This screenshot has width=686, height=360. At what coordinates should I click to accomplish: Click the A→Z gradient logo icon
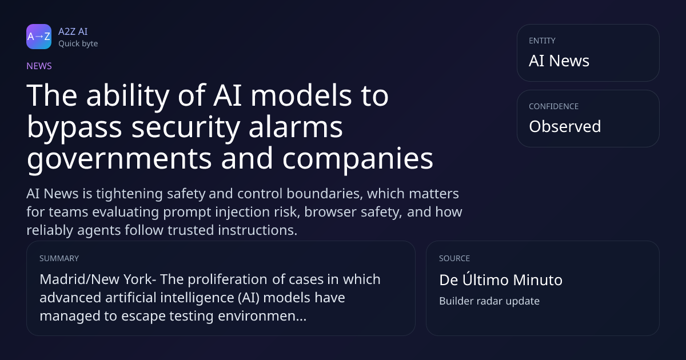coord(39,37)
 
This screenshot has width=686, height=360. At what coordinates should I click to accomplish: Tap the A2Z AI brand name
coord(73,31)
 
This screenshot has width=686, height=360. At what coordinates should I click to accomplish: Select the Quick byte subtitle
coord(78,44)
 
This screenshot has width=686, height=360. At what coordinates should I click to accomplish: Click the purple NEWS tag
coord(39,66)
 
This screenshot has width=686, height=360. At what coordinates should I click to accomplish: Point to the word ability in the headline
coord(127,95)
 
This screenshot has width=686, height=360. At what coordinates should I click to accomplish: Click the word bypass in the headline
coord(74,127)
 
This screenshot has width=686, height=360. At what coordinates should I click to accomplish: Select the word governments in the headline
coord(119,159)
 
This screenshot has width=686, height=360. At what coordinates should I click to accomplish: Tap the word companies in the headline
coord(358,159)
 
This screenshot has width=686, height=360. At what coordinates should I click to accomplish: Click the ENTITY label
coord(542,41)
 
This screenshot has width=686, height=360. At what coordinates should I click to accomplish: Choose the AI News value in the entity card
coord(559,61)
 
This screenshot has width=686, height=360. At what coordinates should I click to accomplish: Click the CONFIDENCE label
coord(554,106)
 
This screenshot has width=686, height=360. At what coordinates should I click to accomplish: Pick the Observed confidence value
coord(565,126)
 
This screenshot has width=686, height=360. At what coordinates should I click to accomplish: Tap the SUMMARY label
coord(59,258)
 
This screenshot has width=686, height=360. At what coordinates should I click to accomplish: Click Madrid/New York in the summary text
coord(96,279)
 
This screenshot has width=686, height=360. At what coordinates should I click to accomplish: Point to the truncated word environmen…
coord(262,316)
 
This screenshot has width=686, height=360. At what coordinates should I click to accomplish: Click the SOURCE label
coord(454,258)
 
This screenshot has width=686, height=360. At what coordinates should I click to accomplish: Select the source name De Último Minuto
coord(501,279)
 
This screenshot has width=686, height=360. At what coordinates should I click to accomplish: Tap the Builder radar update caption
coord(489,301)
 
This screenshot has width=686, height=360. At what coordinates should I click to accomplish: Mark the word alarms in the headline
coord(296,127)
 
